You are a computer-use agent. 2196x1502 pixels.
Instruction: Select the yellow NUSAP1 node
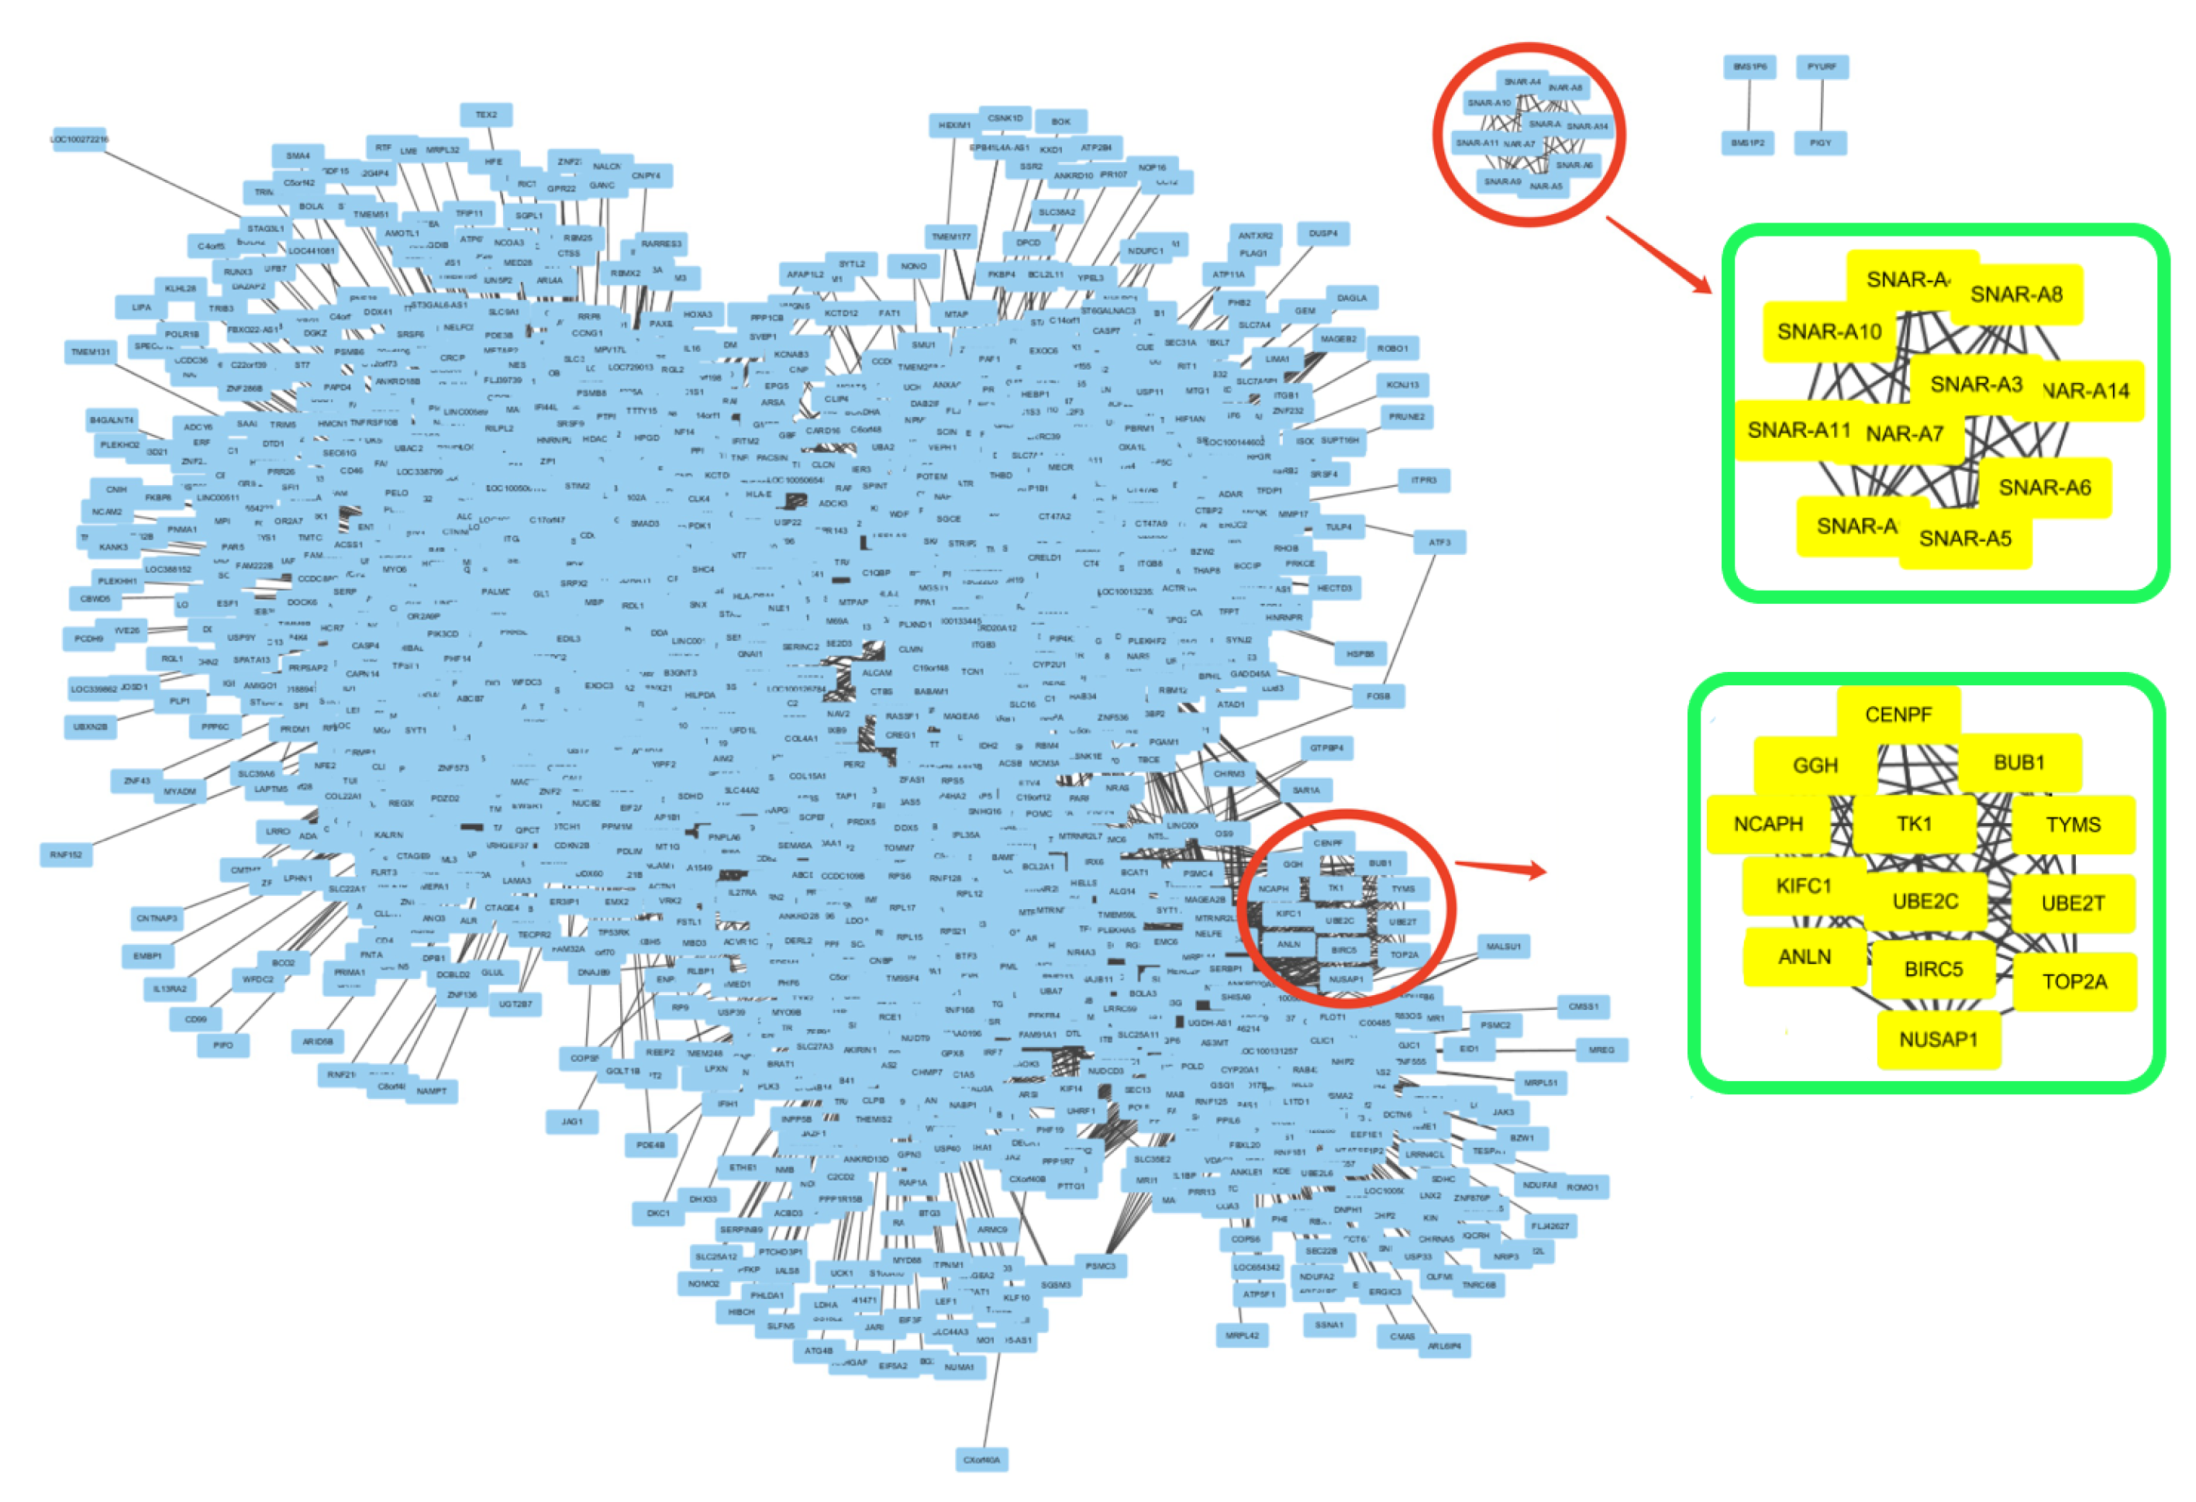click(1937, 1040)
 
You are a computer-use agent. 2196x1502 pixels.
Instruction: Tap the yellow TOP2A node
click(2074, 981)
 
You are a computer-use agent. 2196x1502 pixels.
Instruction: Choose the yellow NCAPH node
click(1768, 824)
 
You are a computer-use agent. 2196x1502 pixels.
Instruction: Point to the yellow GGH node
click(1815, 765)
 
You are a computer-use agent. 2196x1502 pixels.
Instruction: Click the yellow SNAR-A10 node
click(1829, 332)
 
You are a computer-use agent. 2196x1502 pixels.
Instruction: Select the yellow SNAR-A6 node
click(2044, 487)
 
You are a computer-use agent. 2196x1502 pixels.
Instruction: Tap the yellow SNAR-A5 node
click(1964, 539)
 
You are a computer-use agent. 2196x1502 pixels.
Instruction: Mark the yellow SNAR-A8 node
click(2015, 295)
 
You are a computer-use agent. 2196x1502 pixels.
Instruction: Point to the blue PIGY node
click(1821, 143)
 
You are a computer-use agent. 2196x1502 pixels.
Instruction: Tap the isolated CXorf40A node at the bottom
click(981, 1460)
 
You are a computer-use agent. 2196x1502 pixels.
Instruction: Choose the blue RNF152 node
click(66, 855)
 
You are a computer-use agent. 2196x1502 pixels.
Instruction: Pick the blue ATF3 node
click(1439, 543)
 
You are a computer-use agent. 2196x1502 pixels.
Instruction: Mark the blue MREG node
click(1601, 1049)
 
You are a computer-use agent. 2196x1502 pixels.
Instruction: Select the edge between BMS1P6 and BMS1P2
click(1749, 105)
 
